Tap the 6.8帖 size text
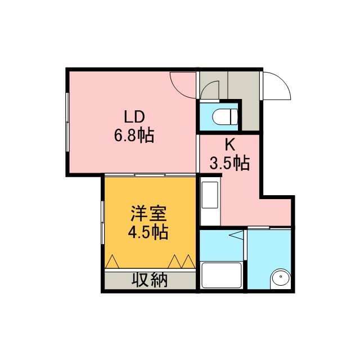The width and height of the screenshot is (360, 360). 134,136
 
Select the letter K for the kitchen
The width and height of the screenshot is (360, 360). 230,145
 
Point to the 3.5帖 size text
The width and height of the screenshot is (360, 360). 229,163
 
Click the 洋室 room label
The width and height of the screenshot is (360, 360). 148,214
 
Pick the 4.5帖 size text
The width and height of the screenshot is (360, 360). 148,232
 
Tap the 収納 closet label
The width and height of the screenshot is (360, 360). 150,280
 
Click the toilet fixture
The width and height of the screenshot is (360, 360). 225,116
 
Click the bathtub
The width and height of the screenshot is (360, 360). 221,275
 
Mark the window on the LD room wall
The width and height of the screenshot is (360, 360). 67,122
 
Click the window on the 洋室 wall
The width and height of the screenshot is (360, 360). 102,223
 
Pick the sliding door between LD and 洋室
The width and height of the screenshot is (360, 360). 150,175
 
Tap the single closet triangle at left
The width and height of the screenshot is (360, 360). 112,262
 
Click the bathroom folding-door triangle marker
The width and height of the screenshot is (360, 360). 236,235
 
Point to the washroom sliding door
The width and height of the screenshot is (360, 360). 269,228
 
